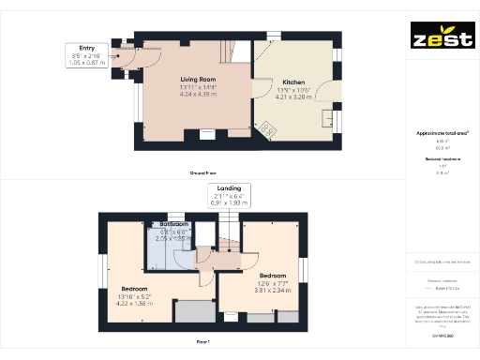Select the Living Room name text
click(x=199, y=80)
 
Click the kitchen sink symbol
click(x=329, y=118)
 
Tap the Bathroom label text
click(x=173, y=225)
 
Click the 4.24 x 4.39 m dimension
click(x=199, y=94)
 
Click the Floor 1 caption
click(x=202, y=343)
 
